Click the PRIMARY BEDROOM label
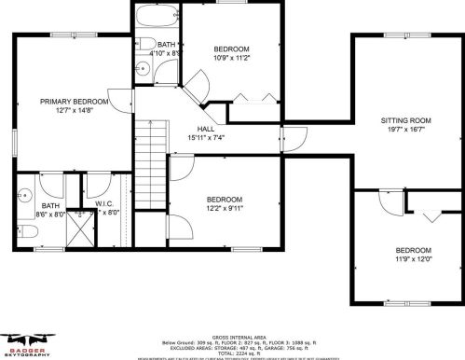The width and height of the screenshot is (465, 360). tap(74, 101)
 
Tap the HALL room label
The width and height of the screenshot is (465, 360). tap(207, 131)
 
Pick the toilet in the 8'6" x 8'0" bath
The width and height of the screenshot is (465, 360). tap(26, 196)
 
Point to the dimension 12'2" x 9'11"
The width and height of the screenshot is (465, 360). tap(225, 209)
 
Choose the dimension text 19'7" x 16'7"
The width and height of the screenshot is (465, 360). tap(406, 132)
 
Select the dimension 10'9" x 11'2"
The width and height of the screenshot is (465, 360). tap(231, 58)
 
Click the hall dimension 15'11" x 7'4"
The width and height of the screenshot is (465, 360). tap(207, 140)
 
